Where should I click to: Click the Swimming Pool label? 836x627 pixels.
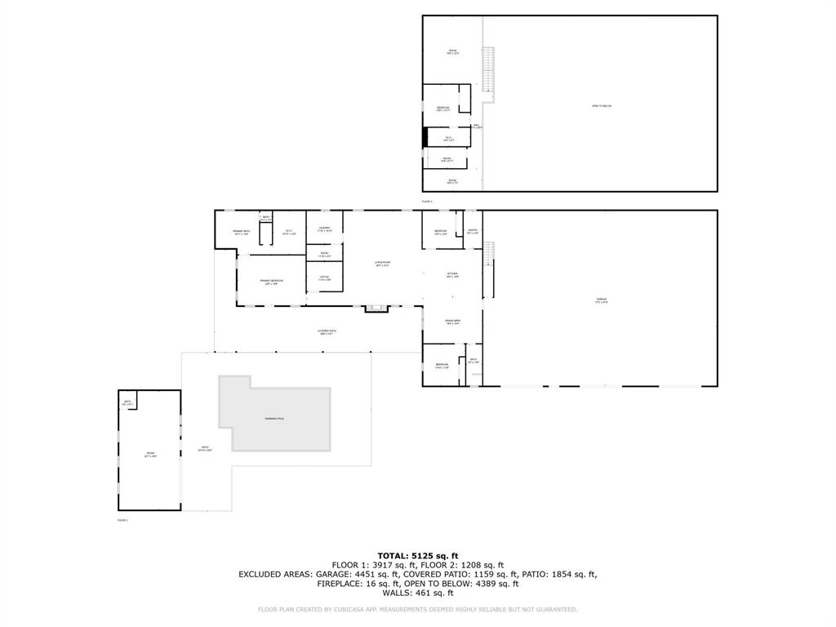click(274, 419)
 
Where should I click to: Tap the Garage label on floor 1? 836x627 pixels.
click(601, 300)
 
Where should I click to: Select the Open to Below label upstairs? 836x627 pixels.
click(602, 106)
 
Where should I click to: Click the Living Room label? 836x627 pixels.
click(382, 263)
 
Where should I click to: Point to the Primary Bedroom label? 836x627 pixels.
click(271, 282)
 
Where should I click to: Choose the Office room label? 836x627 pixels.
click(324, 278)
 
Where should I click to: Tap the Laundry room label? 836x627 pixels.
click(324, 229)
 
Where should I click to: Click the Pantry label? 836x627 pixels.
click(472, 232)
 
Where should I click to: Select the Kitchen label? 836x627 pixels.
click(452, 275)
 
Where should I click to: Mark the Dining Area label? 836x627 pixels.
click(452, 322)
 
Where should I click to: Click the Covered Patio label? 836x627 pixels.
click(327, 331)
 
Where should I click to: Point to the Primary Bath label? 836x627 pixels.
click(241, 233)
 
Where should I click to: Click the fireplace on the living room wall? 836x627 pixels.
click(376, 308)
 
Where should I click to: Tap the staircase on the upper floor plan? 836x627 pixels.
click(489, 69)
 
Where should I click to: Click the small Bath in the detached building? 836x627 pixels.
click(127, 402)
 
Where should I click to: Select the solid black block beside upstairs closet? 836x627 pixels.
click(425, 137)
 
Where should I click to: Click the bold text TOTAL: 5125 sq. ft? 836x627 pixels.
click(417, 555)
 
